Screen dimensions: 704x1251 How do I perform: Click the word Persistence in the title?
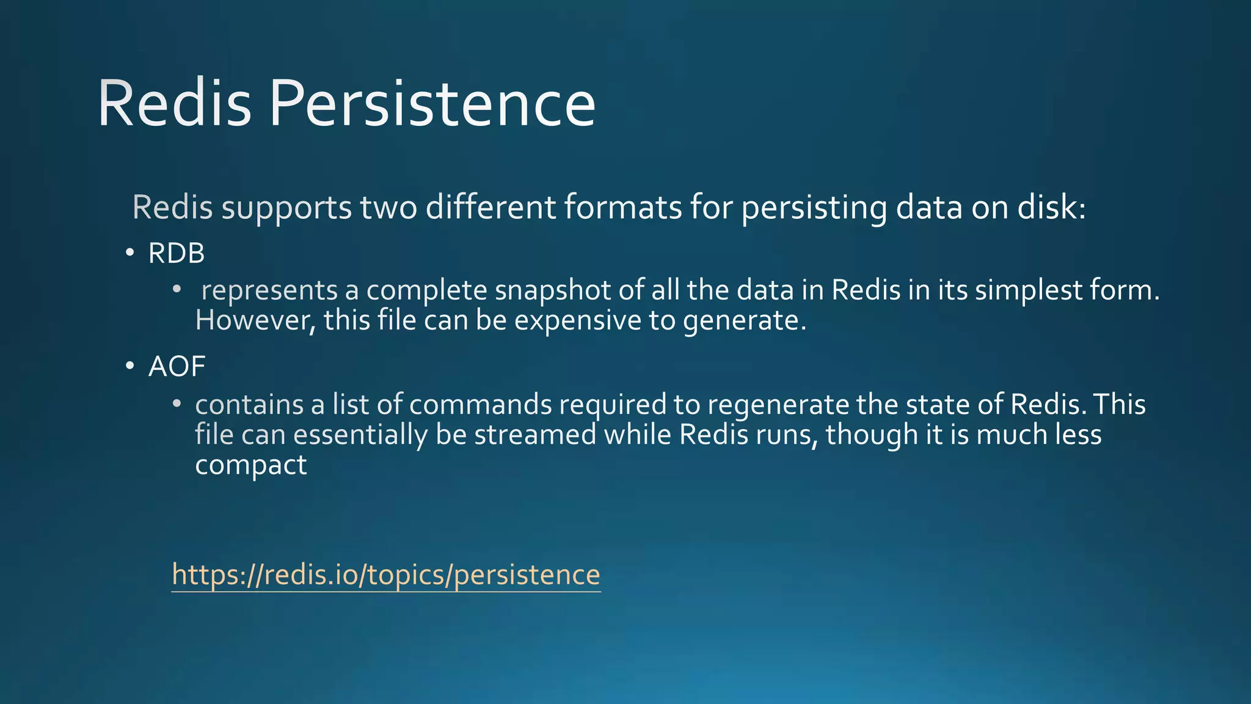(x=432, y=104)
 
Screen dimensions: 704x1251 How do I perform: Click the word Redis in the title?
(x=174, y=104)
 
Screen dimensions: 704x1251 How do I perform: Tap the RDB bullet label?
(x=176, y=253)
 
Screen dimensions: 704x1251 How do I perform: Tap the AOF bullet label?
(x=177, y=367)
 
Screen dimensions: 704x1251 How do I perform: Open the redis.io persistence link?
(x=386, y=574)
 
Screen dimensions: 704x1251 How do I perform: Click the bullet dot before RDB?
(x=129, y=252)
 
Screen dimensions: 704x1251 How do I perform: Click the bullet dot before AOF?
(x=129, y=366)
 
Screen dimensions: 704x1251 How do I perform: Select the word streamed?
(x=535, y=435)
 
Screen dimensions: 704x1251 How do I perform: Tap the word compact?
(x=250, y=465)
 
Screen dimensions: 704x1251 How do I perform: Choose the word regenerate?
(x=778, y=405)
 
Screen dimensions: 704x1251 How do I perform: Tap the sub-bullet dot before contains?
(x=177, y=403)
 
